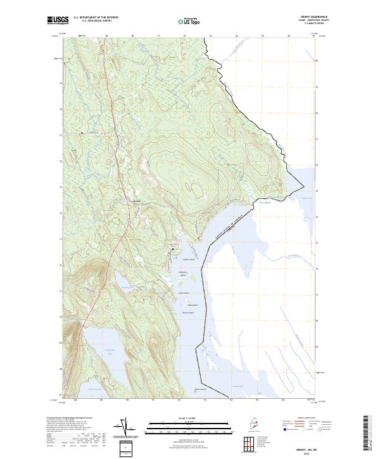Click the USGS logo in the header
(x=57, y=21)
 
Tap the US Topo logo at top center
(x=190, y=21)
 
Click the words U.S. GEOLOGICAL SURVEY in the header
(x=96, y=20)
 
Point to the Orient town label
(x=135, y=201)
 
